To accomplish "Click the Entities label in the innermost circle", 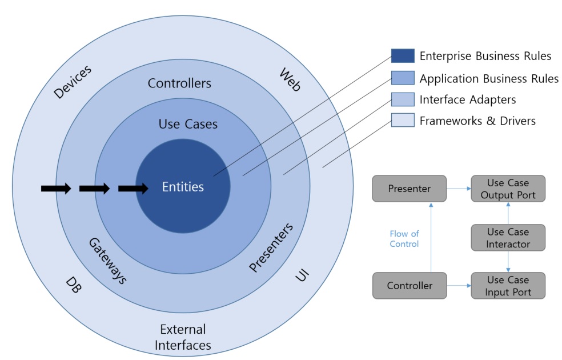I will (183, 186).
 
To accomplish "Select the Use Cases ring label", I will (187, 124).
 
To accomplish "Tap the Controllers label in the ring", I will (179, 83).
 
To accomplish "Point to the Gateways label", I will (107, 261).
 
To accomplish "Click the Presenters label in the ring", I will (272, 247).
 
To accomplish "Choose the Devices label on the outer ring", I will (72, 82).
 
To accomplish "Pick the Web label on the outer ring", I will (290, 79).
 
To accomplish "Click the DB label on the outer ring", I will (73, 286).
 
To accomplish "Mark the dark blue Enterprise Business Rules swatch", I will (403, 56).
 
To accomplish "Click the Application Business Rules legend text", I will (489, 78).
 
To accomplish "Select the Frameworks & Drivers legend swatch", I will (403, 121).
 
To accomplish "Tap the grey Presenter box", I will (408, 188).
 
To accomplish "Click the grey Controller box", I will (408, 285).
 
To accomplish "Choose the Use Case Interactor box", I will (508, 238).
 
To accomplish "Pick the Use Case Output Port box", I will (508, 189).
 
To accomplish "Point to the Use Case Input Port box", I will (508, 286).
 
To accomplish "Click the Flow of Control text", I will (404, 238).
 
